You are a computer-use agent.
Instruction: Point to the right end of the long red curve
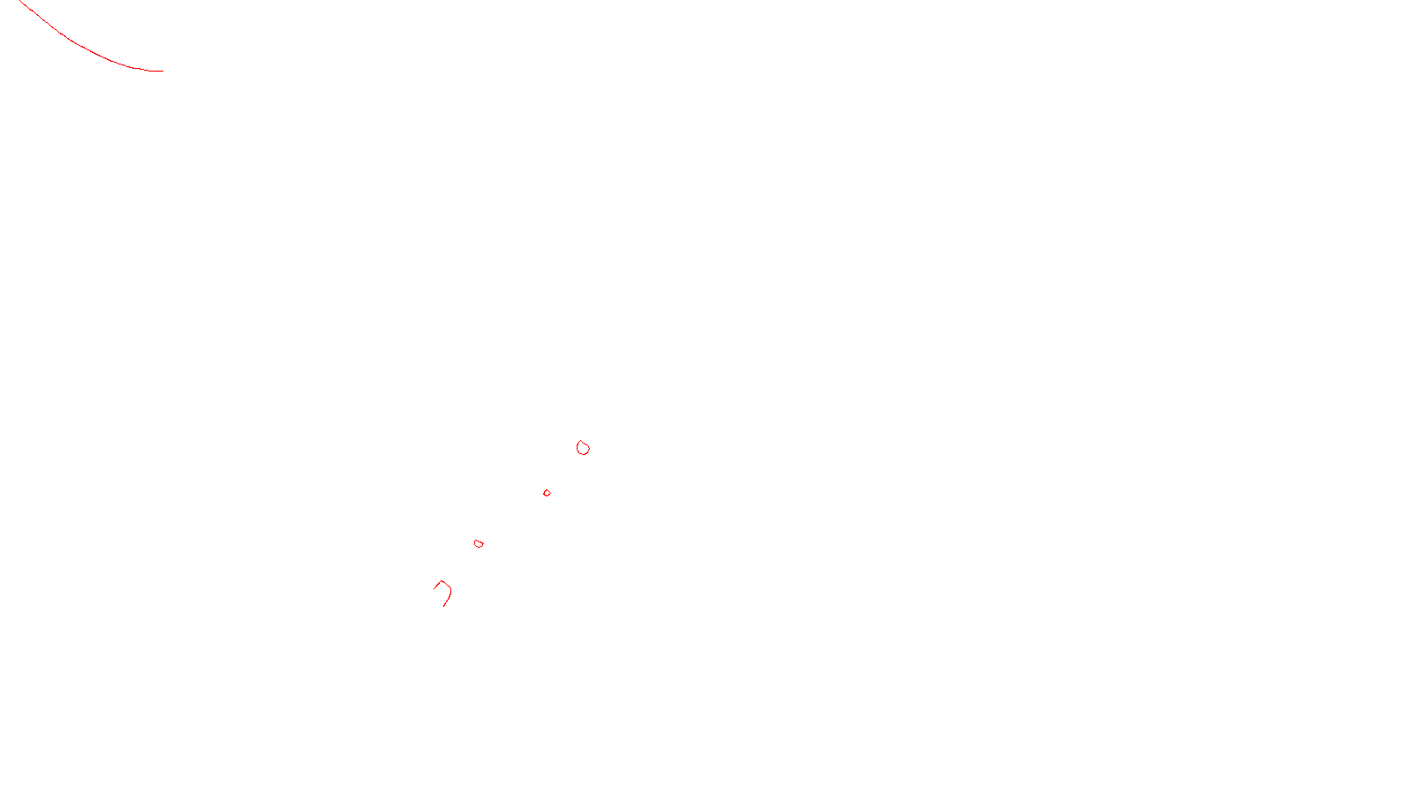162,71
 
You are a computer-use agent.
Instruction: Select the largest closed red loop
583,448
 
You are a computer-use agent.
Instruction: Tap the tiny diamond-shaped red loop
547,493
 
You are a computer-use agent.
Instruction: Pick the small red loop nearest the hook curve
479,543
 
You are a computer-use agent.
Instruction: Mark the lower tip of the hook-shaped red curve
443,606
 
